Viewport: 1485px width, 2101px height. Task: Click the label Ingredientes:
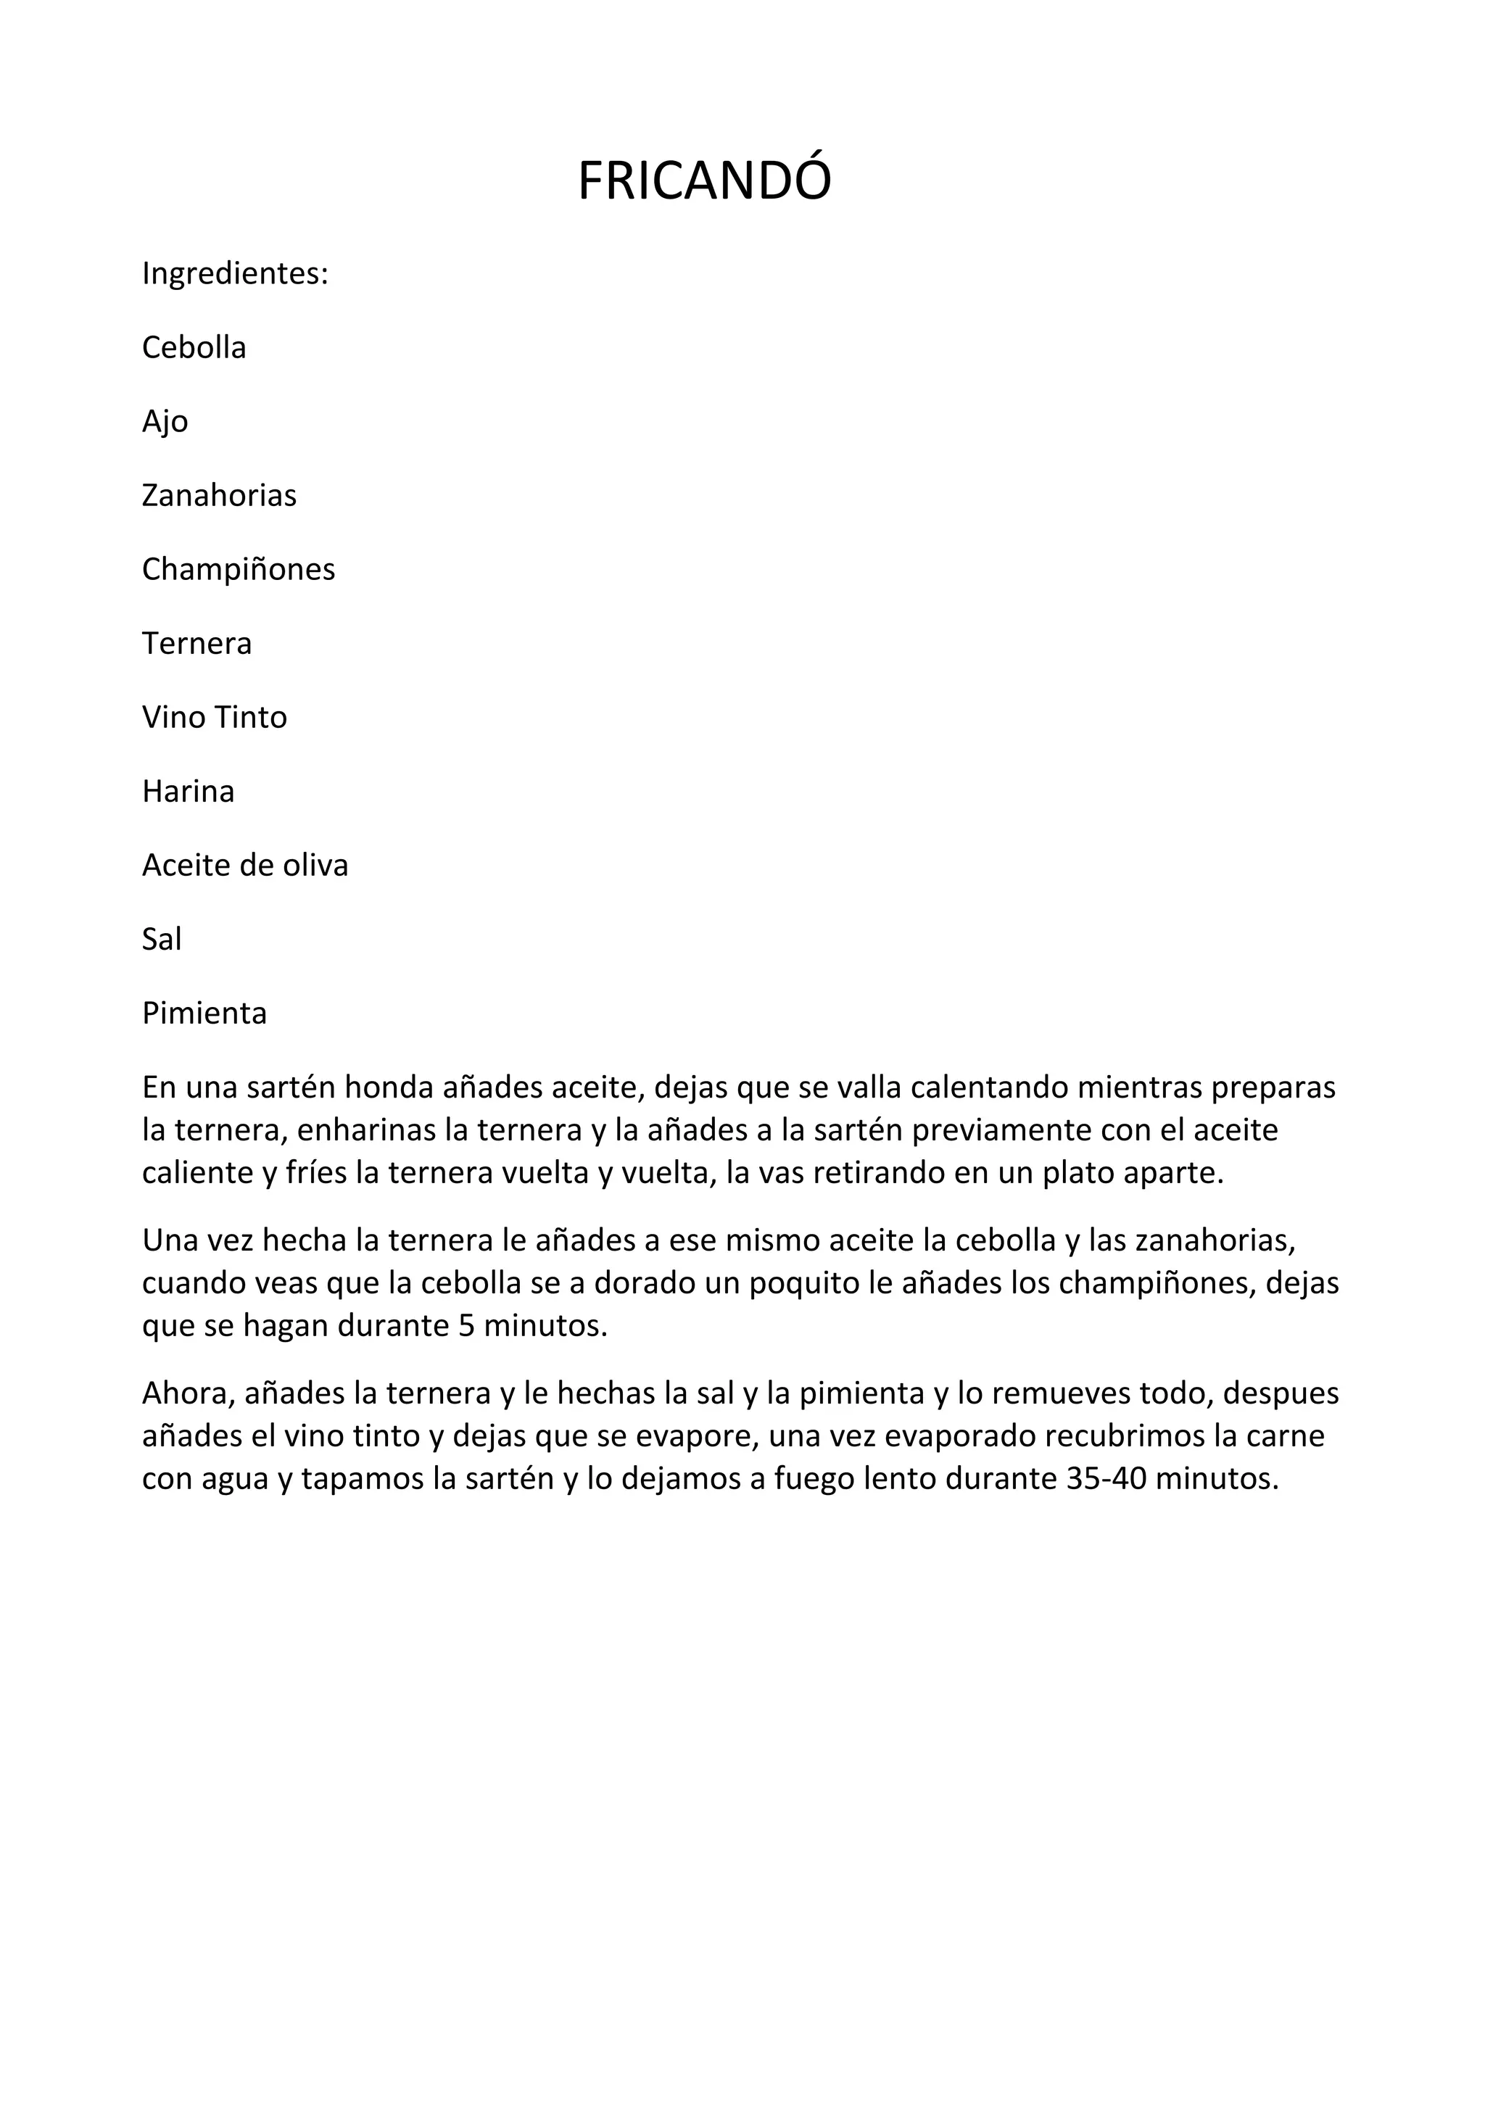234,273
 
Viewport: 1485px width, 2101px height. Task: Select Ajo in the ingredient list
165,421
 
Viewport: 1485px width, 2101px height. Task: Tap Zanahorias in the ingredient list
219,495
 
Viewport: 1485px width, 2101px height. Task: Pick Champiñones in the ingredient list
238,569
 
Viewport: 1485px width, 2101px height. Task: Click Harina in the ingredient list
188,791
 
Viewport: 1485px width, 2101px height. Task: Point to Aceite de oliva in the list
244,865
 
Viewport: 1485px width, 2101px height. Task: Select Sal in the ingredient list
161,939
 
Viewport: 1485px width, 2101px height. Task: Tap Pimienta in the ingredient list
204,1013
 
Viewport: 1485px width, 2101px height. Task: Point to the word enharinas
366,1130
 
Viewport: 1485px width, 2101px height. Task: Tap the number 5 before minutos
466,1325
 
